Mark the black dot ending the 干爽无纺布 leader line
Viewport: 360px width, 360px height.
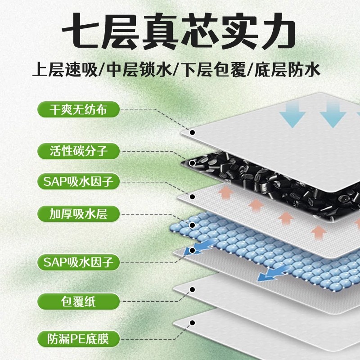pos(192,132)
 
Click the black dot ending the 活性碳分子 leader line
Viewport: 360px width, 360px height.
pos(192,163)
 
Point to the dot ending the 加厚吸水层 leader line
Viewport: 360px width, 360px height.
pos(192,225)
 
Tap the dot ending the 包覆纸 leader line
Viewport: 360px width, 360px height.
pos(192,291)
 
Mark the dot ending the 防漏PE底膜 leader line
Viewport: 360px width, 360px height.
pos(192,322)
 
